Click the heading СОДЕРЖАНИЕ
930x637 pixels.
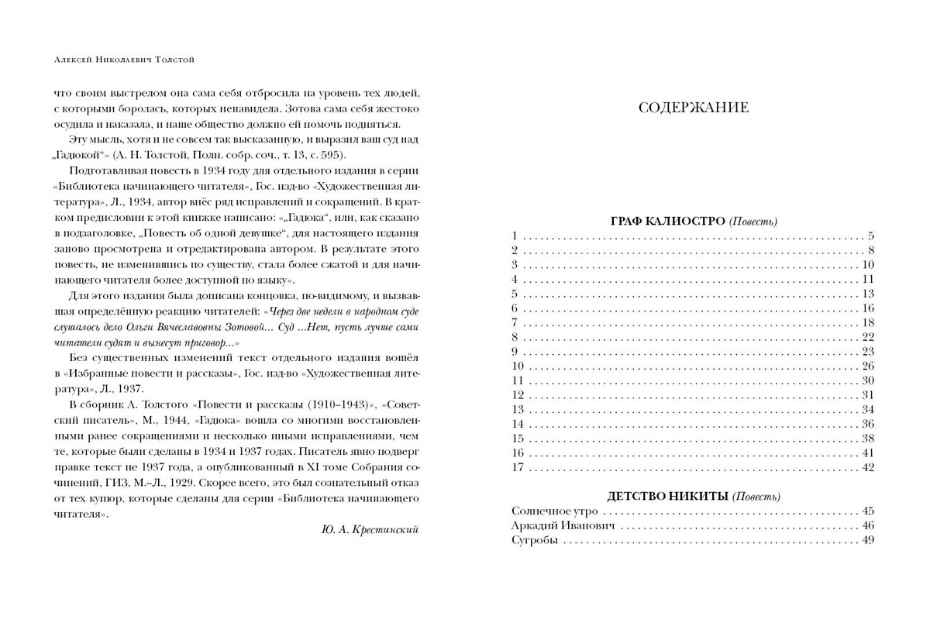(693, 108)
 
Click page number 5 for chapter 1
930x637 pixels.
(870, 236)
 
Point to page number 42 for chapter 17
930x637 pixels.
(867, 467)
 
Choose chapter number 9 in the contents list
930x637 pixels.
(515, 351)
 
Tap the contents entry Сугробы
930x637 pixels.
(535, 540)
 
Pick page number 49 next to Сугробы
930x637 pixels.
(867, 540)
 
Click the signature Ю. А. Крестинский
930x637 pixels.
(369, 529)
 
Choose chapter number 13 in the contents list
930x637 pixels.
(518, 409)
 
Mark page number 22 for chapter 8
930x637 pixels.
(867, 336)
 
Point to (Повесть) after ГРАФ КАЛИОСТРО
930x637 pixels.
(753, 222)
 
